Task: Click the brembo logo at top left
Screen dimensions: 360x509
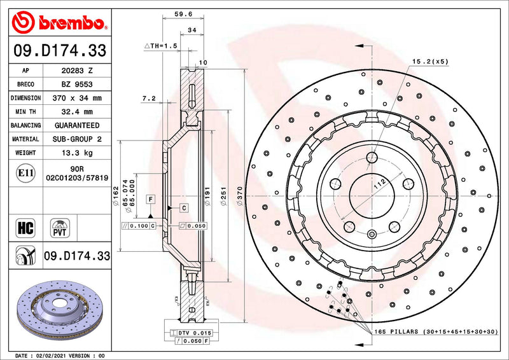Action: tap(58, 23)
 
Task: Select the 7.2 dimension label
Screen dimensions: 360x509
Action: tap(149, 99)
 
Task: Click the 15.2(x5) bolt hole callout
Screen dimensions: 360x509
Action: tap(430, 61)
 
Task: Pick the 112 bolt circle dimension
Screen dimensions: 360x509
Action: tap(380, 184)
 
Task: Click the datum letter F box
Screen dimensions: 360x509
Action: tap(150, 200)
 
